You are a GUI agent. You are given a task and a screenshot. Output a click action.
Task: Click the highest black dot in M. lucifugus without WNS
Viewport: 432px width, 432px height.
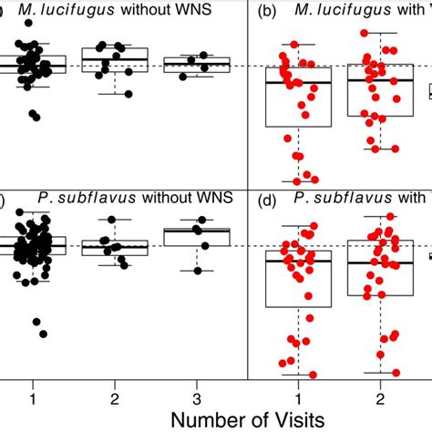(32, 46)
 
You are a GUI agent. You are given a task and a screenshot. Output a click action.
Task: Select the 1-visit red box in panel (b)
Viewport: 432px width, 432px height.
(298, 97)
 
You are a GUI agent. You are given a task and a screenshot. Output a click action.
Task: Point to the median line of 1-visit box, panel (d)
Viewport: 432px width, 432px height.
(298, 262)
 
